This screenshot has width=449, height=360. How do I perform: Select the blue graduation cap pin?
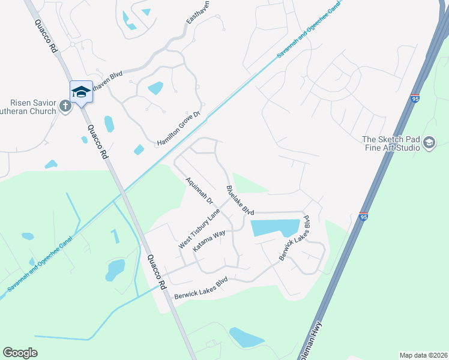click(81, 92)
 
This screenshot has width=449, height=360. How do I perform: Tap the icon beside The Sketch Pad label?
click(429, 142)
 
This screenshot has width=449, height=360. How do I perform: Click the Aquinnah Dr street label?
click(199, 190)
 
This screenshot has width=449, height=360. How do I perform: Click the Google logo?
click(20, 353)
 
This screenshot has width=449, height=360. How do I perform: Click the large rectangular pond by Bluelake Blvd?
click(275, 228)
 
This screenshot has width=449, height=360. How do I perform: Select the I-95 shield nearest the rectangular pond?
click(364, 217)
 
